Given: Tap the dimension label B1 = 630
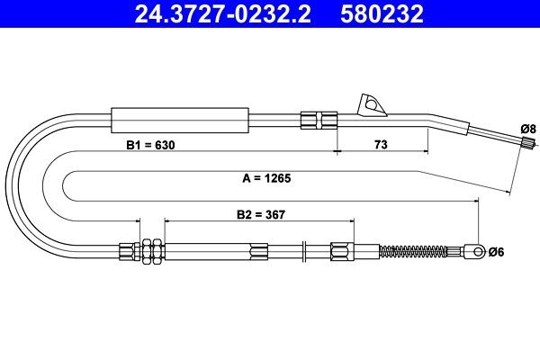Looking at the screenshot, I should pyautogui.click(x=151, y=145).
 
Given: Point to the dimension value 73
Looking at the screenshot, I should pyautogui.click(x=381, y=145).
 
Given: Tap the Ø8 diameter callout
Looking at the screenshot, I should pyautogui.click(x=530, y=130).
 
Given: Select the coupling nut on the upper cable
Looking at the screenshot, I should pyautogui.click(x=319, y=120).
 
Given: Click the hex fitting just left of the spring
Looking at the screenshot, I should pyautogui.click(x=343, y=250).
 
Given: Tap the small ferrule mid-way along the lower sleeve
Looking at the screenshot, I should pyautogui.click(x=259, y=250).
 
